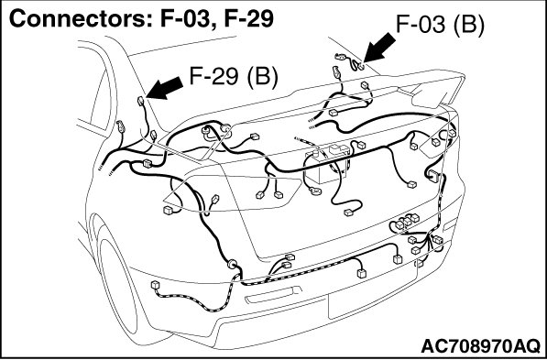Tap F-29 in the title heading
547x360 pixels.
[248, 19]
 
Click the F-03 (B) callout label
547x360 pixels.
[440, 25]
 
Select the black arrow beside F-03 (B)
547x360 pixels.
[378, 48]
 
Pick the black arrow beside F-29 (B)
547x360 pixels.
[164, 88]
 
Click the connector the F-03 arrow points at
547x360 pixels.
[360, 66]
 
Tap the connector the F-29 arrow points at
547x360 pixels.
[140, 101]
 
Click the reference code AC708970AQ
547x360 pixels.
[480, 346]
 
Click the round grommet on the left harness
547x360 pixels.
[232, 264]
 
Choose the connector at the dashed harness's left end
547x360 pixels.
[155, 285]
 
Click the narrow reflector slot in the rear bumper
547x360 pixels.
[273, 295]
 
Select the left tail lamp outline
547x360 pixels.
[232, 193]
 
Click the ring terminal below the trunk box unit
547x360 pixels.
[316, 191]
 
